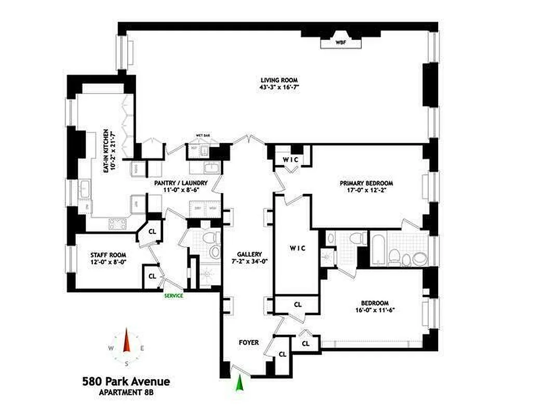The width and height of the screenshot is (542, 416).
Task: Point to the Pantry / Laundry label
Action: pyautogui.click(x=181, y=183)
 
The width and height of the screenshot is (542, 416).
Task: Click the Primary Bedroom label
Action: pyautogui.click(x=366, y=183)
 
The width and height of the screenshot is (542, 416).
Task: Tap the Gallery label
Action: pyautogui.click(x=247, y=254)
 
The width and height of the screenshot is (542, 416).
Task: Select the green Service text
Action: pyautogui.click(x=173, y=296)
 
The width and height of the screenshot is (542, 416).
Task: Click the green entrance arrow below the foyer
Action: pyautogui.click(x=239, y=384)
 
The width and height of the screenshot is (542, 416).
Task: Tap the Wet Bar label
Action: pyautogui.click(x=202, y=136)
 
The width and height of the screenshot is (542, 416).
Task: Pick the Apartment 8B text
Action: pyautogui.click(x=126, y=393)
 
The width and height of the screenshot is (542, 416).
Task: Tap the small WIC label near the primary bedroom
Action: pyautogui.click(x=290, y=159)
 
